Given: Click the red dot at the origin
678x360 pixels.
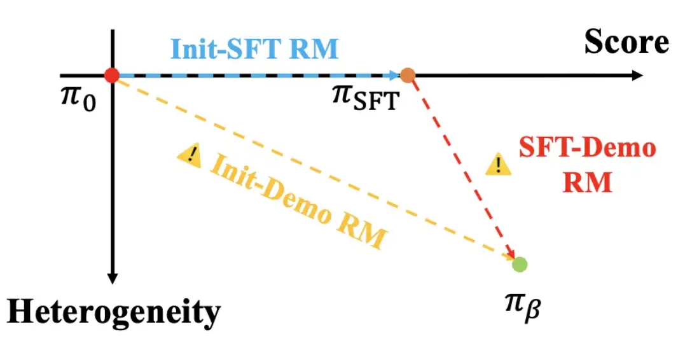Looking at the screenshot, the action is tap(112, 75).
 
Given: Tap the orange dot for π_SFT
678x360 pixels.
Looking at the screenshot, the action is tap(408, 76).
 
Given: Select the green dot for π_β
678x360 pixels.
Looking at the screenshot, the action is tap(520, 264).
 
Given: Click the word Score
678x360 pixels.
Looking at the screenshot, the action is tap(626, 43).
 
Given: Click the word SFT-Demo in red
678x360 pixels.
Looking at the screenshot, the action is tap(586, 148).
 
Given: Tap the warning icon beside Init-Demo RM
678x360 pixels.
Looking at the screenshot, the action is tap(189, 154).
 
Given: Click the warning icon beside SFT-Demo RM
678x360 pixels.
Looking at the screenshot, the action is tap(499, 165).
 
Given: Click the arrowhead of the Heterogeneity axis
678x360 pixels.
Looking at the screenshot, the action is tap(113, 278).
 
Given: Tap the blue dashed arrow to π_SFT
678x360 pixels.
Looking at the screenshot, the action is tap(254, 76).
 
